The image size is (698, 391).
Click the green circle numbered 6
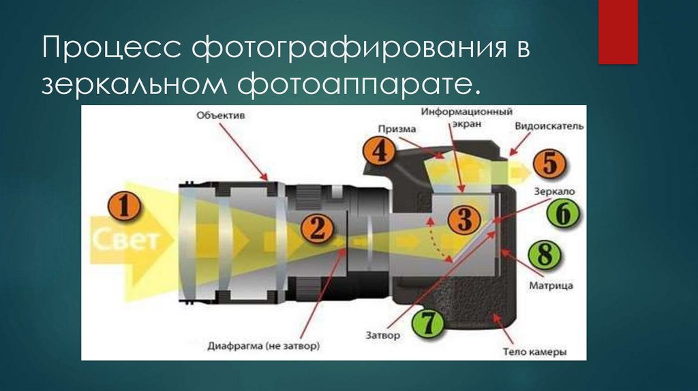(x=561, y=215)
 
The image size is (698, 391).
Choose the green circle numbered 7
(x=427, y=322)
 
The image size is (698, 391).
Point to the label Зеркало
(x=552, y=193)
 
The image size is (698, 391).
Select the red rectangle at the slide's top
(x=618, y=32)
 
